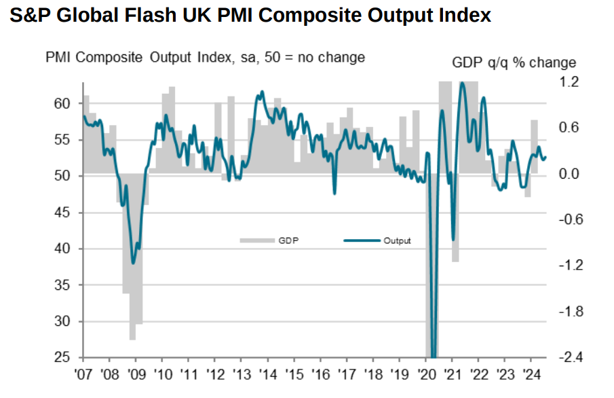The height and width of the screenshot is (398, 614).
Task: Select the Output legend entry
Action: (x=380, y=240)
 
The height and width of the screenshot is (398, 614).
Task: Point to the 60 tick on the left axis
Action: (x=62, y=103)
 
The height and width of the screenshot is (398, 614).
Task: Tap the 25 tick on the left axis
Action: (x=62, y=357)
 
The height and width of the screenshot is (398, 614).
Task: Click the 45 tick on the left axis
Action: (x=62, y=213)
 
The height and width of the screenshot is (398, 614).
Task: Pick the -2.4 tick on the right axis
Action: (x=568, y=357)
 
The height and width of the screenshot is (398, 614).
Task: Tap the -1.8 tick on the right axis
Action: (x=568, y=312)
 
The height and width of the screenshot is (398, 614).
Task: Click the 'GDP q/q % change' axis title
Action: (x=514, y=63)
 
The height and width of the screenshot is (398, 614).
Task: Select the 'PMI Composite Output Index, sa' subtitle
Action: (x=142, y=57)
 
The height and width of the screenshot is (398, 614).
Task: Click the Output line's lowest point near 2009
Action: (x=133, y=263)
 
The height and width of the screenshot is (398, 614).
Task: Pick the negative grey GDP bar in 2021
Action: (x=455, y=217)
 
